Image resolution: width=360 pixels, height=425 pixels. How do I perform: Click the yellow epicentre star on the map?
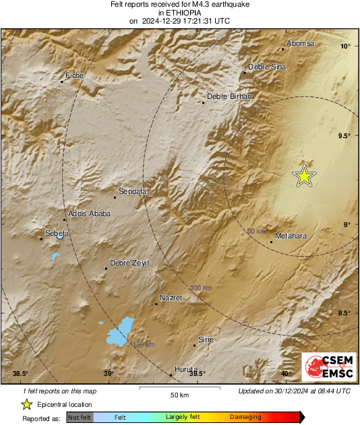(304, 176)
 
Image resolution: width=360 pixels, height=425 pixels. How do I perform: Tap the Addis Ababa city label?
(88, 214)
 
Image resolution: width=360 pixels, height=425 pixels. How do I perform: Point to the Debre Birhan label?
(229, 97)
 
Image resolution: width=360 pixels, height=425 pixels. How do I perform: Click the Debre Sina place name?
(267, 67)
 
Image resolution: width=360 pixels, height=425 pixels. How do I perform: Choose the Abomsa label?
(300, 44)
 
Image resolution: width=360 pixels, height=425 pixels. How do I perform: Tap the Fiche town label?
(74, 76)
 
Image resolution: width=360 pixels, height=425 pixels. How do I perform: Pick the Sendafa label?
(133, 192)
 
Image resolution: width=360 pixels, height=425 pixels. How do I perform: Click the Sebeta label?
(57, 233)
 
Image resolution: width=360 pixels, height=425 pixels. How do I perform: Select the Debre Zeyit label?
(129, 263)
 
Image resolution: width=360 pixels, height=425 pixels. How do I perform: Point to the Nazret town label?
(171, 298)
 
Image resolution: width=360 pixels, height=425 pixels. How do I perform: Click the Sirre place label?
(206, 340)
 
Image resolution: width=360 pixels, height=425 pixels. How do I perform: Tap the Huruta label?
(186, 370)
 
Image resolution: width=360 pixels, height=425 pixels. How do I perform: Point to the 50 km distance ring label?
(256, 231)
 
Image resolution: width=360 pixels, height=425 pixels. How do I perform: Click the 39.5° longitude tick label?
(197, 374)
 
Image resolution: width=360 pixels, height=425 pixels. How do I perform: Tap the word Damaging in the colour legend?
(245, 417)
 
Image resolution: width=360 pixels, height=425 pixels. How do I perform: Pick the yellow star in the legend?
(26, 404)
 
